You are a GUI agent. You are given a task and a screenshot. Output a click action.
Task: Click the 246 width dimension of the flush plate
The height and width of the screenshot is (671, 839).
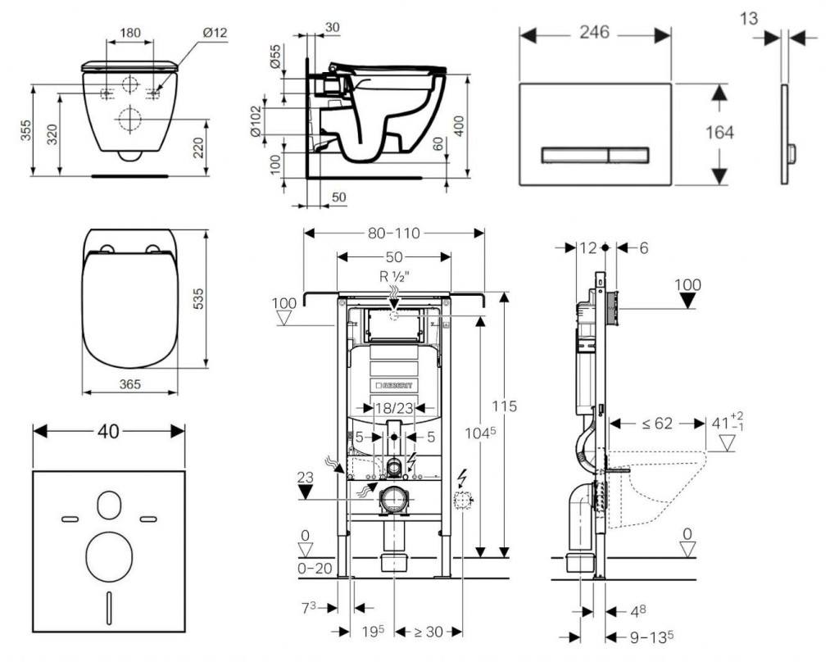point(594,33)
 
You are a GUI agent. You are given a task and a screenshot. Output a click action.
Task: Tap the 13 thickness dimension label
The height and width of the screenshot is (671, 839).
point(749,18)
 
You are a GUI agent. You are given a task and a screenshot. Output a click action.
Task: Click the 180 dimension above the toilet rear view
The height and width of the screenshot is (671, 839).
point(129,33)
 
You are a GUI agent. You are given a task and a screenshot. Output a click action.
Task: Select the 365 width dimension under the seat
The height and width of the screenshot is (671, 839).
point(128,383)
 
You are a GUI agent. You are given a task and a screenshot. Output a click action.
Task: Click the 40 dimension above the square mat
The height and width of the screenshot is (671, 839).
point(107,431)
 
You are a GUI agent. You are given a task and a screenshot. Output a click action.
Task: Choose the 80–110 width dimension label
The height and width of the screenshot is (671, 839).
point(393,233)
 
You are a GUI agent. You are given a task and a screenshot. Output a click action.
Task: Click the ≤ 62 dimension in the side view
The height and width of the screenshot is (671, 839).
point(656,424)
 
